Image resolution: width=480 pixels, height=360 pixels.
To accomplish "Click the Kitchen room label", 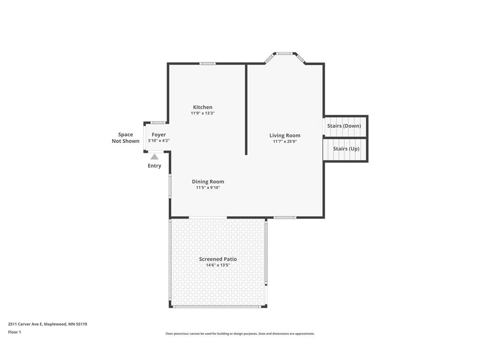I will coord(202,107).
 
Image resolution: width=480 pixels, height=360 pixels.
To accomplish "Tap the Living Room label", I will coord(285,135).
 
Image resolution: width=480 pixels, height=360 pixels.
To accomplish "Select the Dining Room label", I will coord(208,181).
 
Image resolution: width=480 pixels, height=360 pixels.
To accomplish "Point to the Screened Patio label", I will coord(217,259).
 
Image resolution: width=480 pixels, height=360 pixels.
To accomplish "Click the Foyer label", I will coord(158,135).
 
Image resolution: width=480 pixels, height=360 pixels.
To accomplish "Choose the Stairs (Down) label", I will coord(344,126).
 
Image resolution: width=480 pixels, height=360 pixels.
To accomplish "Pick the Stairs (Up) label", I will coord(346,149).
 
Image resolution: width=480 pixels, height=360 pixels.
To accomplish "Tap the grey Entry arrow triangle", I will coord(154,157).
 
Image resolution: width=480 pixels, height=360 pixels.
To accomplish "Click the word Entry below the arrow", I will coord(154,166).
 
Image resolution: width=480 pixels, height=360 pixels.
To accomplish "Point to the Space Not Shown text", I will coord(125,138).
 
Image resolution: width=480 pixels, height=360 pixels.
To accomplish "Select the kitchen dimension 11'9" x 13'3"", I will coord(202,113).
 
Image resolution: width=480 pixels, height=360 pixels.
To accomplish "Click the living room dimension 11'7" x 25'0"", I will coord(285,142).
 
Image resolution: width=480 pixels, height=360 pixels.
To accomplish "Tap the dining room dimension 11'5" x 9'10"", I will coord(208,187).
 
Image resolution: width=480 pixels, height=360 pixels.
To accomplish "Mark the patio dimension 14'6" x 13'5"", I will coord(217,265).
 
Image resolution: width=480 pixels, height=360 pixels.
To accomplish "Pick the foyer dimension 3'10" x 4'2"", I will coord(158,141).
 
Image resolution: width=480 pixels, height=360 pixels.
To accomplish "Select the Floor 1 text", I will coord(15,332).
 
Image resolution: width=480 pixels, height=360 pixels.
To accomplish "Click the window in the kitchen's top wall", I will coord(207,63).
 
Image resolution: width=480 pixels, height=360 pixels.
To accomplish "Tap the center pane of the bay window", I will coord(284,53).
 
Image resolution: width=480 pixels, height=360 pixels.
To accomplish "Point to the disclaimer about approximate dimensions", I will coord(240,334).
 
